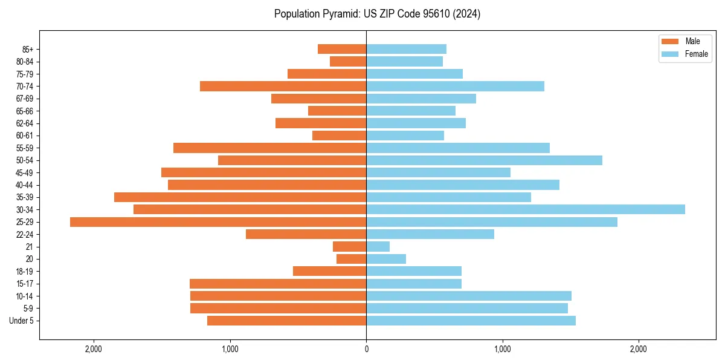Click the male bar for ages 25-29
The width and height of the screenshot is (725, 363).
[218, 222]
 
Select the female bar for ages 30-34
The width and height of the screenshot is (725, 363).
[526, 209]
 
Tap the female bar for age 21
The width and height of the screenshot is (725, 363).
[378, 247]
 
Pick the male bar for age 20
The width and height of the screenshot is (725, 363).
[351, 259]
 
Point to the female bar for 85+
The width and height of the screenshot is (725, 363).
[406, 49]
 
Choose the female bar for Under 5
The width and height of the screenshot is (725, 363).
[471, 321]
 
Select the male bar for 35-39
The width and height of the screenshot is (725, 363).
[240, 197]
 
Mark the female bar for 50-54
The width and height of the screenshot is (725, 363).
[484, 160]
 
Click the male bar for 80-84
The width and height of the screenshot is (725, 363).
[348, 62]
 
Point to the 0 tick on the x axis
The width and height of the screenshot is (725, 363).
[366, 349]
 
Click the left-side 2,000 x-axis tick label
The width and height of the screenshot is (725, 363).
[94, 349]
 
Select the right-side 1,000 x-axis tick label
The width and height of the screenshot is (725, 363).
[502, 349]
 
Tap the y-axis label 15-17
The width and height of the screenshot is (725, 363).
[25, 284]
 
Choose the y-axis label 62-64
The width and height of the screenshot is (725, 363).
[25, 123]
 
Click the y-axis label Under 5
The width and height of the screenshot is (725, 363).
[22, 321]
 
